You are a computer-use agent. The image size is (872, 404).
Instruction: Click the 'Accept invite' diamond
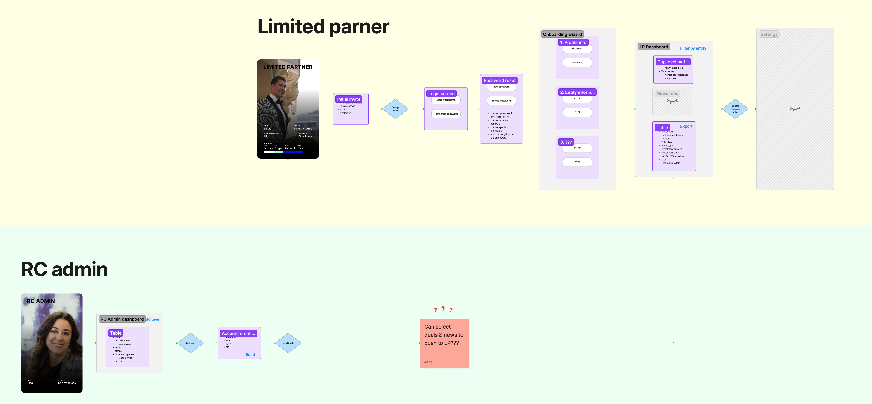(395, 109)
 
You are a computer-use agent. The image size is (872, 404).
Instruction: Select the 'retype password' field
(501, 101)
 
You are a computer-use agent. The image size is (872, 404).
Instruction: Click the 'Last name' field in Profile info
(577, 63)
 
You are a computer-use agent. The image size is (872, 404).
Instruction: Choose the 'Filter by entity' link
(693, 48)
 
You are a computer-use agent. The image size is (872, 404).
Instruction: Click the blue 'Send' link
(250, 354)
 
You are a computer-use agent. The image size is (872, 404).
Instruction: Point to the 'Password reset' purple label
(500, 80)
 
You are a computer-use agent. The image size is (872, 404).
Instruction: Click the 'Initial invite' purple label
(349, 99)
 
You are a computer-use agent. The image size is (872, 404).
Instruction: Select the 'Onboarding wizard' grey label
(562, 34)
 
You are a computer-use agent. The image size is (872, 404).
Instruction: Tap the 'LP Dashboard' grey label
(654, 47)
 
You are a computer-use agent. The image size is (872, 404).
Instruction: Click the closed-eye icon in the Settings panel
(795, 109)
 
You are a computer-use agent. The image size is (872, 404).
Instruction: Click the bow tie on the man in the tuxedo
(279, 101)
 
